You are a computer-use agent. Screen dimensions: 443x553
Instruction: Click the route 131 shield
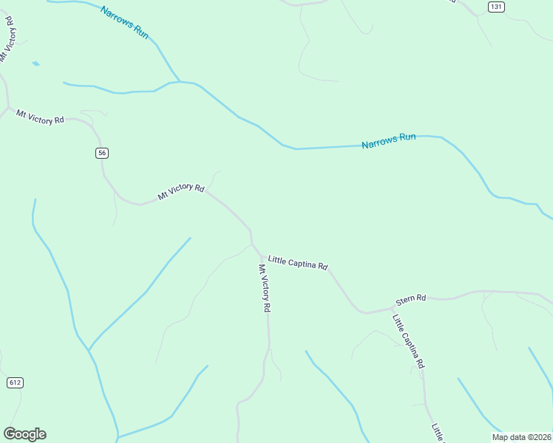[x=496, y=7]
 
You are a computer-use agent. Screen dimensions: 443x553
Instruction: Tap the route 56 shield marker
[x=102, y=153]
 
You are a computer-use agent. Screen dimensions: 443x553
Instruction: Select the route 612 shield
[x=15, y=382]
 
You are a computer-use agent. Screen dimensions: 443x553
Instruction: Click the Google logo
[x=24, y=434]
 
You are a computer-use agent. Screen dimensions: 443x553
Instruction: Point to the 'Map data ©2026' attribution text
[x=521, y=437]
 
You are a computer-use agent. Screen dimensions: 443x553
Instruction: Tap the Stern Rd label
[x=411, y=299]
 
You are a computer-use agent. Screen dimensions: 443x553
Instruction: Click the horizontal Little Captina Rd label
[x=298, y=262]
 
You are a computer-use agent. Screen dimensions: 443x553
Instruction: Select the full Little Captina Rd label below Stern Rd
[x=409, y=341]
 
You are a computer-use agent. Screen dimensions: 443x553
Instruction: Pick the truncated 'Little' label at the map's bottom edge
[x=437, y=433]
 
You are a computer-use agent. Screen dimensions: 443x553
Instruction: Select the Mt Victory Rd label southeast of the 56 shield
[x=180, y=192]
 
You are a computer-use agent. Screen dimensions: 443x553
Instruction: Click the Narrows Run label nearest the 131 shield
[x=389, y=140]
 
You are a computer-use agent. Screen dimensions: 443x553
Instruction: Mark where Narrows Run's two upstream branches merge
[x=179, y=80]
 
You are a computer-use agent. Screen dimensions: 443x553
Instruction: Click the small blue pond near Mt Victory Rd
[x=35, y=64]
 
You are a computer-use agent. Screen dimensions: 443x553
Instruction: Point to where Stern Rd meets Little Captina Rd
[x=391, y=307]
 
